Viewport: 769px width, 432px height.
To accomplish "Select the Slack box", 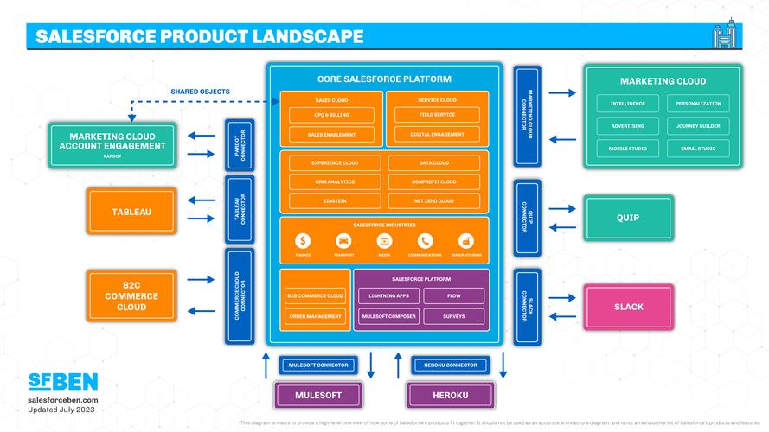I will (x=628, y=307).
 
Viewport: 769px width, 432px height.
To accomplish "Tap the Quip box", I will (x=628, y=219).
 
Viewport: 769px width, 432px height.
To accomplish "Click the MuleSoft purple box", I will (x=318, y=395).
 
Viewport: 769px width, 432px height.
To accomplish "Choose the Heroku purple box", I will (x=451, y=395).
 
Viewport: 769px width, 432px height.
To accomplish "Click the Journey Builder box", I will (x=697, y=126).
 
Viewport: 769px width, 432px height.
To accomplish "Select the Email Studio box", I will (x=697, y=149).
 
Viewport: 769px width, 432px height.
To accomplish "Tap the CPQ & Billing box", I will (x=331, y=115).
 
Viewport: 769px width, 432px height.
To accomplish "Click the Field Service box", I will (x=437, y=115).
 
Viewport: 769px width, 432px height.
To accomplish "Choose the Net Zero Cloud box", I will (x=433, y=201).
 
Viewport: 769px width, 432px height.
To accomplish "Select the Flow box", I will (x=453, y=296).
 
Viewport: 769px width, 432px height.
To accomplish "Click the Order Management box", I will (x=315, y=316).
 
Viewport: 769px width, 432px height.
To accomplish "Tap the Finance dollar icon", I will (x=303, y=241).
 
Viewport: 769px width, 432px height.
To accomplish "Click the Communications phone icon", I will (x=425, y=241).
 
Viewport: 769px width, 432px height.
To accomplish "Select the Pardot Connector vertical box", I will (x=239, y=143).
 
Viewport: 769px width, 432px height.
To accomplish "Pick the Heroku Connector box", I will (x=451, y=365).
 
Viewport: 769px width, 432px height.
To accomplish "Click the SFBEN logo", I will (x=63, y=381).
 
